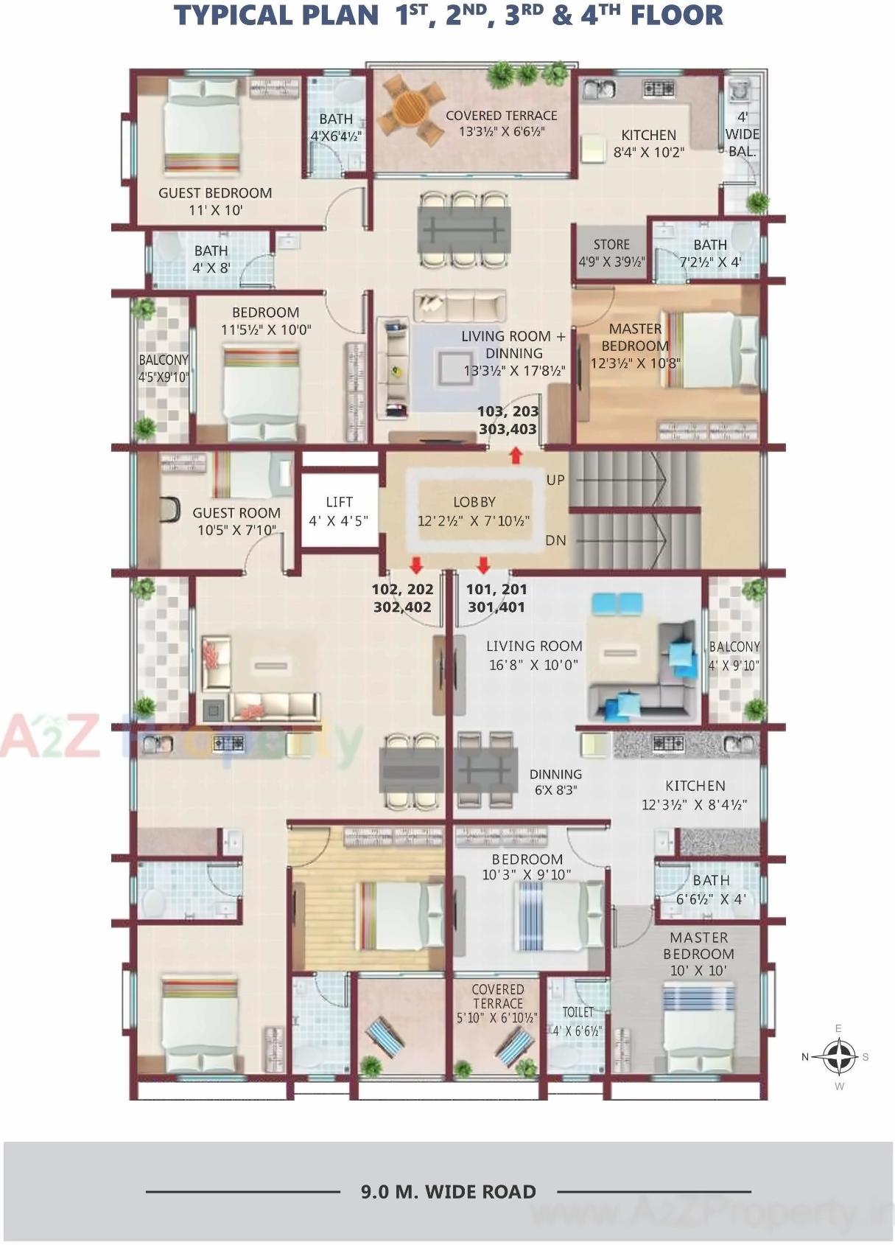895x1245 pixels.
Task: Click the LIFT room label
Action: point(339,511)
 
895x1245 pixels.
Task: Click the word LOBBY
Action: point(474,502)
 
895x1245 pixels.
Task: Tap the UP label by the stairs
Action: point(555,480)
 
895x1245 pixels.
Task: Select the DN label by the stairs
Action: point(555,540)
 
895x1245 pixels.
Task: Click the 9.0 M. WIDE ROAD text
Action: point(448,1192)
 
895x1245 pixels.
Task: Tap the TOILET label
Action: point(578,1013)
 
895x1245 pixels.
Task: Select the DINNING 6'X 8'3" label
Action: point(555,781)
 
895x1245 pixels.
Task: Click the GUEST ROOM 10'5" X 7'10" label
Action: point(236,520)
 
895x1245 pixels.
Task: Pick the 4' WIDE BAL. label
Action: point(743,134)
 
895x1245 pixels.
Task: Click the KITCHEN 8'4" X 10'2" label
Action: point(648,144)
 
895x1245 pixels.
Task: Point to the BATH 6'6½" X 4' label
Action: point(711,889)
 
